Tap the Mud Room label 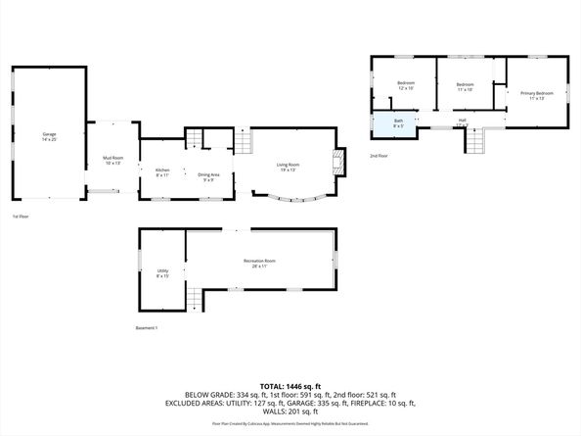112,159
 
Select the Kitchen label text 162,172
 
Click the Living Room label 288,167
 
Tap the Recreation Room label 259,263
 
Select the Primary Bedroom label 536,95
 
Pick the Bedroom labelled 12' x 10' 406,85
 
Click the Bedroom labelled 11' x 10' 466,86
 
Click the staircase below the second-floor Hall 474,144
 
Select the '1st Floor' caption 19,216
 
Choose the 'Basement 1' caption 147,327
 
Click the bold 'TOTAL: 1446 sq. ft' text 290,386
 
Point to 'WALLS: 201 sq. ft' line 290,412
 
